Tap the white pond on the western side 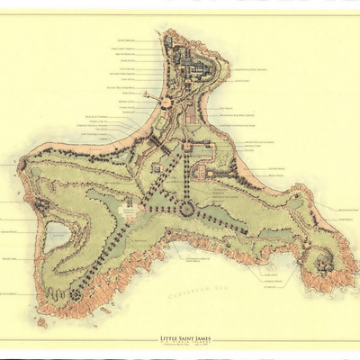(x=58, y=235)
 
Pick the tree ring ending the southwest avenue (x=77, y=293)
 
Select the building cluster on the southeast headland (x=319, y=262)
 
